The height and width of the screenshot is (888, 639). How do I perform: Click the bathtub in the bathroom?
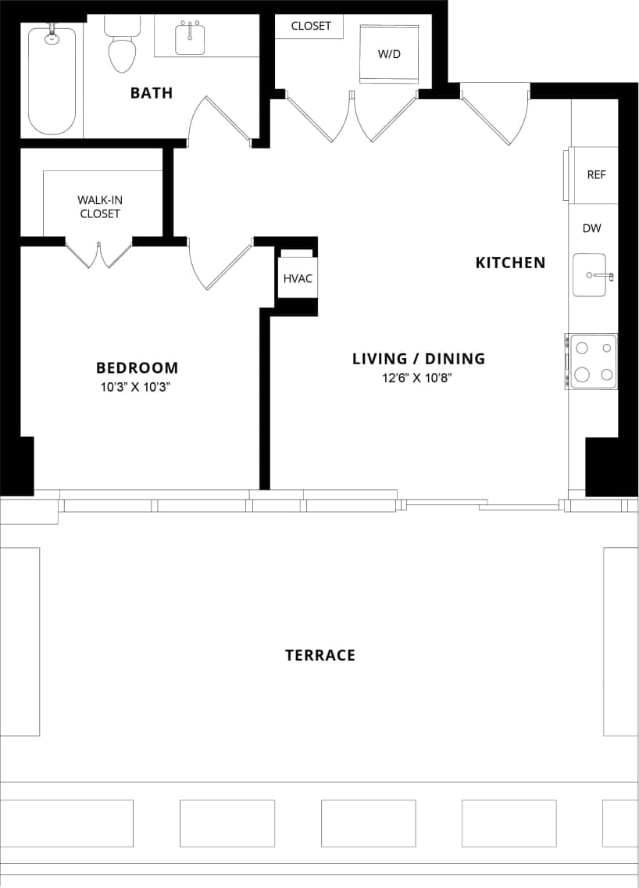[52, 81]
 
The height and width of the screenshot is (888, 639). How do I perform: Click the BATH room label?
[152, 93]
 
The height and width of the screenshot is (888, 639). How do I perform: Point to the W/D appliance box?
[389, 54]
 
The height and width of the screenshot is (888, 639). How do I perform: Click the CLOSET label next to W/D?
[311, 26]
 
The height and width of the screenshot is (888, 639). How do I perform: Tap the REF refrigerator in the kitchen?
[595, 174]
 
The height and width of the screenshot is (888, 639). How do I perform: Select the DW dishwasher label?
[591, 228]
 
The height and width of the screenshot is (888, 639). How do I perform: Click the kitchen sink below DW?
[591, 275]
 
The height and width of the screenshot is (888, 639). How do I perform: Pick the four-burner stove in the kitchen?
[592, 360]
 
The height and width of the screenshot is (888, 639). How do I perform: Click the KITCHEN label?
[510, 263]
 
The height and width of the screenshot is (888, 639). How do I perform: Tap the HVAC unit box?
[298, 278]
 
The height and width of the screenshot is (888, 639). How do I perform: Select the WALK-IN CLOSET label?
[99, 206]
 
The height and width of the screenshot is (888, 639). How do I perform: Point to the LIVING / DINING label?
[418, 359]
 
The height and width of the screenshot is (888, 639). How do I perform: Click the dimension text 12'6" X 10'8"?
[418, 378]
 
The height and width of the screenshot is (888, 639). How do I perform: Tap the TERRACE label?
[319, 655]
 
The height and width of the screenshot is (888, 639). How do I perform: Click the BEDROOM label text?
[137, 367]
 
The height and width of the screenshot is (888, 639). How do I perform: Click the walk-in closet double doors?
[98, 254]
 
